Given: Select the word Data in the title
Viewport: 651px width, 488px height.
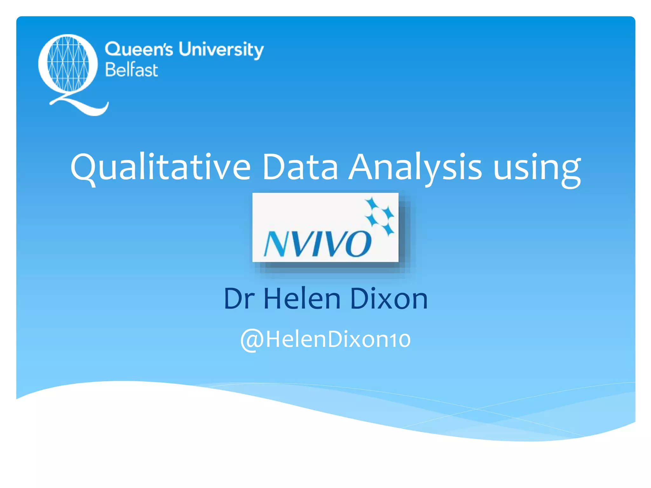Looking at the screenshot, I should (x=300, y=167).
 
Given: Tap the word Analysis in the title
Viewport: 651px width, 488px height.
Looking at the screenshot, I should (x=415, y=167).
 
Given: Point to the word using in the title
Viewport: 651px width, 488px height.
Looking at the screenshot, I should (x=537, y=168).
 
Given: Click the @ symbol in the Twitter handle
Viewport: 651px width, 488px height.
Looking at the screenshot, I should (x=252, y=340).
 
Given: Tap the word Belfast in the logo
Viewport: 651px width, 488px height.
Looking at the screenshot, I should (x=132, y=70).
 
